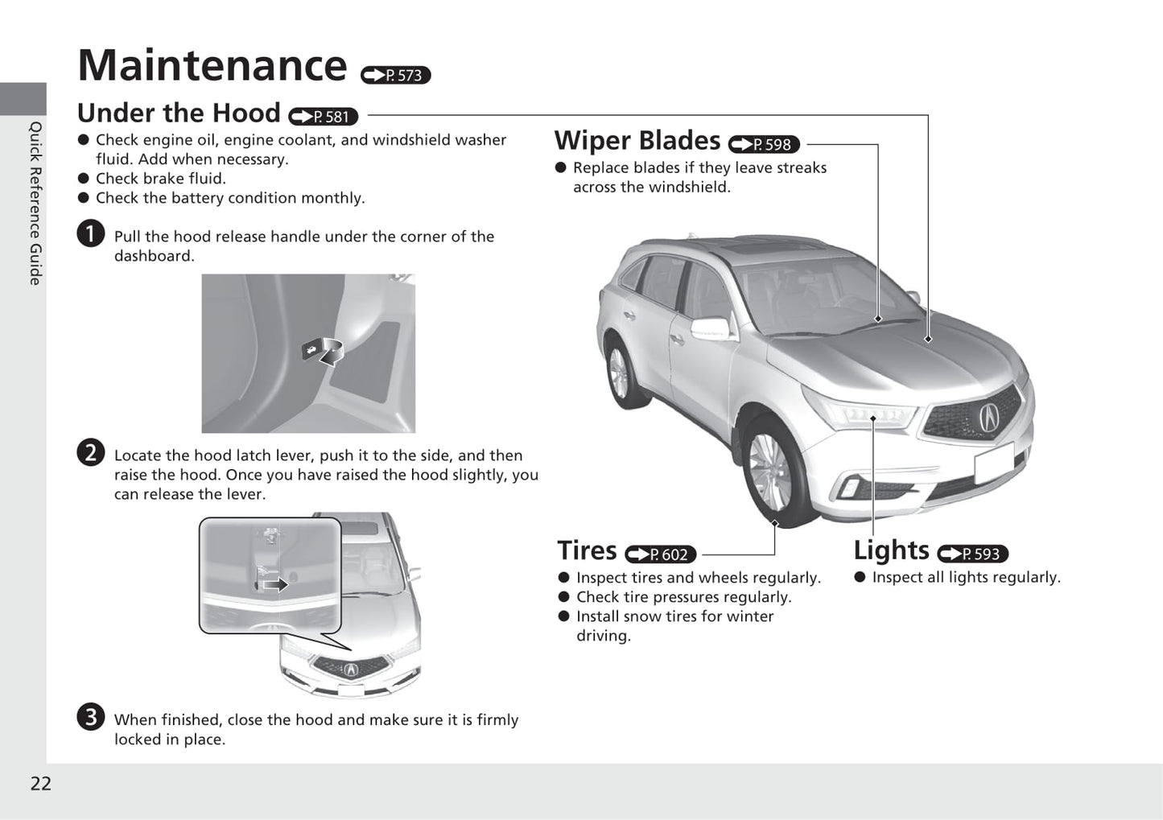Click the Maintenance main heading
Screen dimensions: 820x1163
pyautogui.click(x=212, y=65)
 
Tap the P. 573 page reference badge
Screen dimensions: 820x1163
pyautogui.click(x=396, y=75)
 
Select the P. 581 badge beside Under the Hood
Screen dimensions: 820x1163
pyautogui.click(x=323, y=117)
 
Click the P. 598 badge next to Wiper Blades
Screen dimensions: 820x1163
pyautogui.click(x=764, y=145)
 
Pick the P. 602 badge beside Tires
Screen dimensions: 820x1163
pyautogui.click(x=660, y=554)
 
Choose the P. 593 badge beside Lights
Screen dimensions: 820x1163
pyautogui.click(x=972, y=554)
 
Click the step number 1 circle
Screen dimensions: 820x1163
pyautogui.click(x=91, y=234)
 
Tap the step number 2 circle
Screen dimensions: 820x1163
pyautogui.click(x=91, y=453)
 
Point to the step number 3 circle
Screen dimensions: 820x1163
pyautogui.click(x=91, y=717)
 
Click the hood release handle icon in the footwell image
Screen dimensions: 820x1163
pyautogui.click(x=311, y=349)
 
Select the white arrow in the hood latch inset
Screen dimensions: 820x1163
pyautogui.click(x=275, y=583)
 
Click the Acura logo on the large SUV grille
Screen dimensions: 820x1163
pyautogui.click(x=988, y=416)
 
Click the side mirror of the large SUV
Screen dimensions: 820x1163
pyautogui.click(x=710, y=329)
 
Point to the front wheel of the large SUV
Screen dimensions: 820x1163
pyautogui.click(x=771, y=470)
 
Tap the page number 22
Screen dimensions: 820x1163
pyautogui.click(x=40, y=784)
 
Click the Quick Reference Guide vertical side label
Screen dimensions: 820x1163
pyautogui.click(x=35, y=203)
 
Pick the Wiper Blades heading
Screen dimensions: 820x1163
pyautogui.click(x=637, y=141)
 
